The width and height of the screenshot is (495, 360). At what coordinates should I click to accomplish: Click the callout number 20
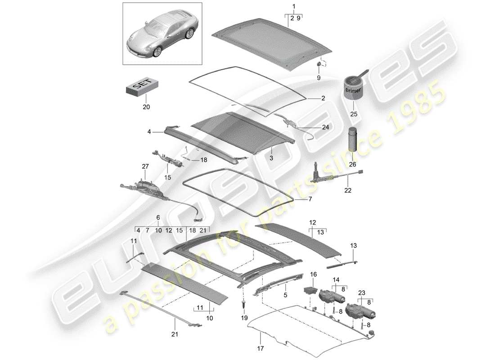click(146, 107)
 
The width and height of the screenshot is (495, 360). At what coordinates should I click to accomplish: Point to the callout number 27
click(145, 166)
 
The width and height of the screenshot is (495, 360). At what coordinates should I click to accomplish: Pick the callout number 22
click(347, 191)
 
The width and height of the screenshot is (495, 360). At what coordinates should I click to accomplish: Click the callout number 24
click(325, 127)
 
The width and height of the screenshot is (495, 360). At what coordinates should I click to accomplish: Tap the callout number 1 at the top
click(294, 6)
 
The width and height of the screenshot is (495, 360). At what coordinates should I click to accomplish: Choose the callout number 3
click(272, 159)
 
